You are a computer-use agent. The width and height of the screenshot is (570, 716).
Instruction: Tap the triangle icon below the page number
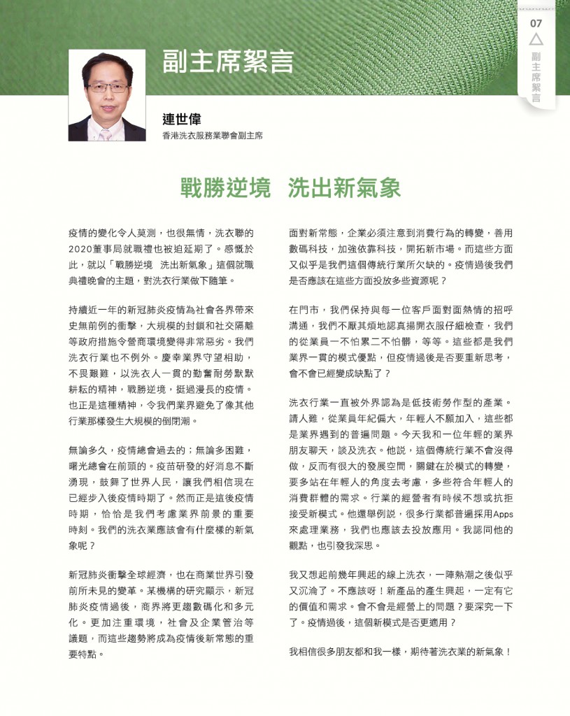[x=536, y=40]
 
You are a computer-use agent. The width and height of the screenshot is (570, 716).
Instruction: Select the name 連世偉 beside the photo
[x=182, y=120]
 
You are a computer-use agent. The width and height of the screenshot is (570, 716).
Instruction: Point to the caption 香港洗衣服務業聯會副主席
[x=213, y=136]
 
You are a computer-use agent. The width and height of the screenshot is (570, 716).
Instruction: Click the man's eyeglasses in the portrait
[x=107, y=88]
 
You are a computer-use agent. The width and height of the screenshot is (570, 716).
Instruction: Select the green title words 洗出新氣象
[x=344, y=187]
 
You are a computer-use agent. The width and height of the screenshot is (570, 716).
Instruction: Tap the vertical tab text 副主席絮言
[x=536, y=78]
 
